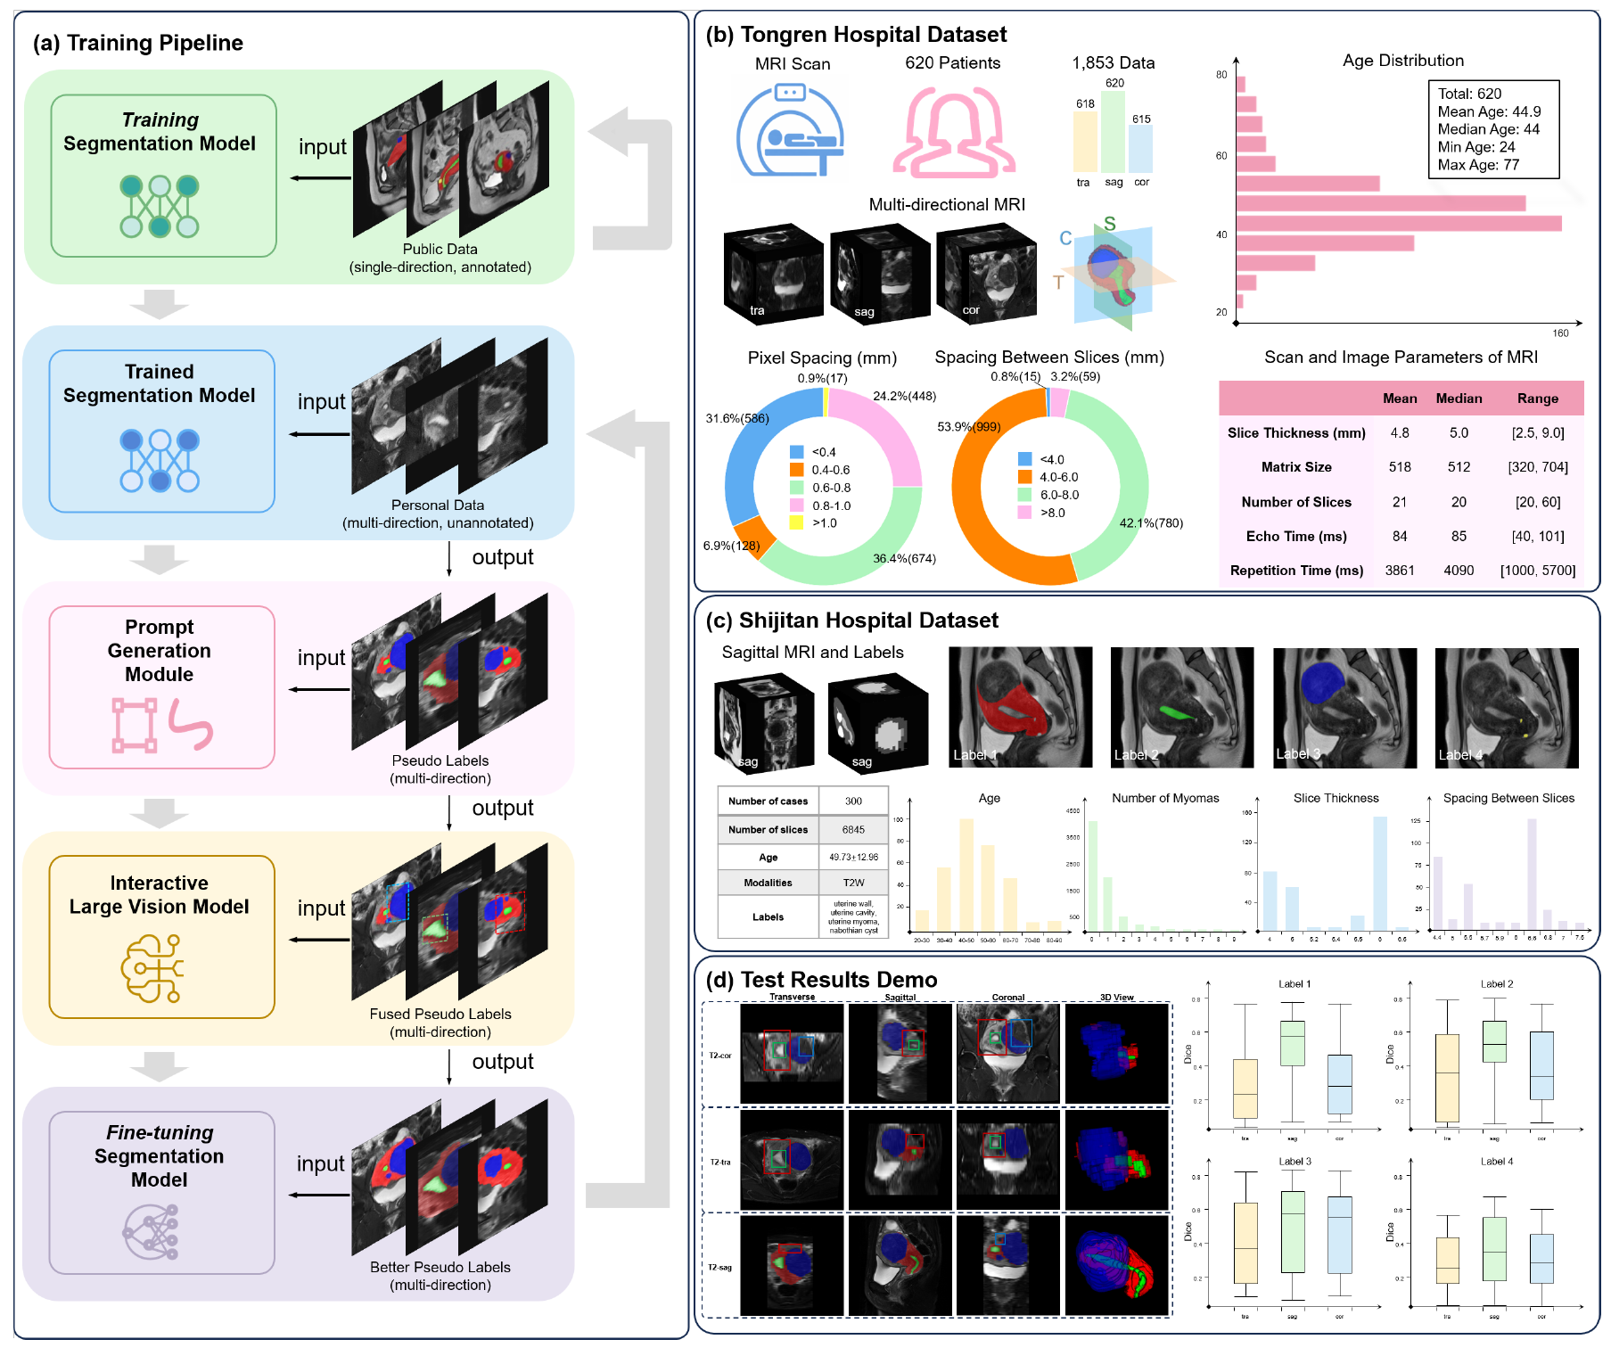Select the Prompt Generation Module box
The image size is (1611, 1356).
[161, 686]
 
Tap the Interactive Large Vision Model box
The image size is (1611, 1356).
[161, 936]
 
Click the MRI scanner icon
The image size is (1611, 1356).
[790, 129]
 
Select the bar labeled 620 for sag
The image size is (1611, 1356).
[1113, 131]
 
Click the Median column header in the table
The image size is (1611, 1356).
[1459, 399]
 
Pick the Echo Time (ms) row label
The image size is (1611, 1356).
[1295, 536]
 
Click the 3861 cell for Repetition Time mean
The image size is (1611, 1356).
[1400, 571]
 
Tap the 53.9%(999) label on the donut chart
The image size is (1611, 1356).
[968, 426]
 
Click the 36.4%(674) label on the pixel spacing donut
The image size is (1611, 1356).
[904, 559]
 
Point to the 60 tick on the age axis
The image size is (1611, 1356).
[1221, 156]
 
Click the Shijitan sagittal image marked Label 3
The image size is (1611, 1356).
[1344, 708]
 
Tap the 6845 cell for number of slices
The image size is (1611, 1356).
[853, 830]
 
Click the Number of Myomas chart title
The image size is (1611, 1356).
[1164, 798]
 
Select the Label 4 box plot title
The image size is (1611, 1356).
[1496, 1162]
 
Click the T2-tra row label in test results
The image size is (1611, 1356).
[719, 1162]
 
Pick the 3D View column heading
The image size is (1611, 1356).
[1116, 998]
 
